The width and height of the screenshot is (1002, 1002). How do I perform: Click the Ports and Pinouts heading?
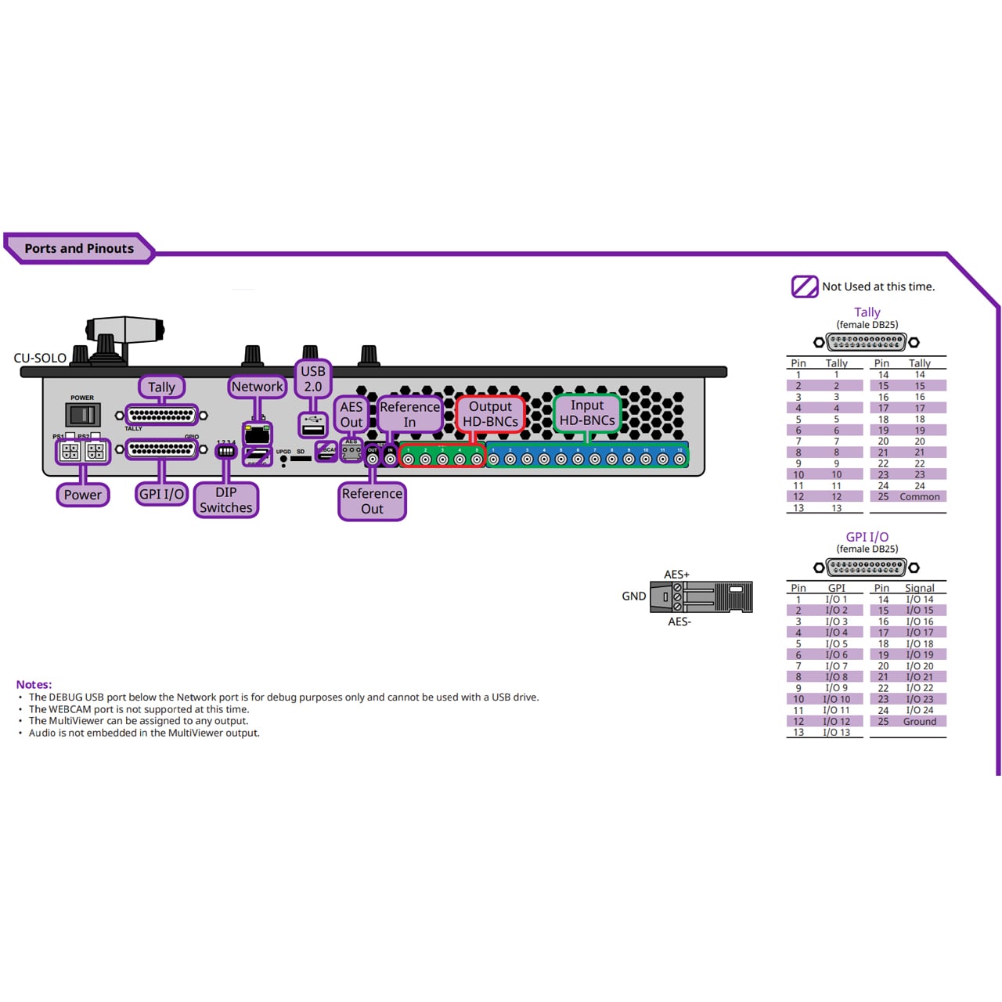pos(79,248)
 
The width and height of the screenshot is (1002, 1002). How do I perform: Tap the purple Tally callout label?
pos(161,387)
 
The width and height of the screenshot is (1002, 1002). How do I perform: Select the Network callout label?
pos(257,387)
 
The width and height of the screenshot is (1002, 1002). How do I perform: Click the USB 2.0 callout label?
pos(313,379)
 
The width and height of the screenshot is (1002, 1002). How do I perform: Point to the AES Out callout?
pos(351,414)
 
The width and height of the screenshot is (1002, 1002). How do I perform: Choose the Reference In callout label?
pos(409,414)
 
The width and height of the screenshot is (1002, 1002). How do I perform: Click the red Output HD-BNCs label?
pos(490,413)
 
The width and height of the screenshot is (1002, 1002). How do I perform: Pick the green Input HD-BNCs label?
pos(587,413)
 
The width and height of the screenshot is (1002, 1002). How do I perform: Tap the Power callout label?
pos(83,495)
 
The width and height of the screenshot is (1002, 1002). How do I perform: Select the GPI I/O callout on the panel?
pos(161,494)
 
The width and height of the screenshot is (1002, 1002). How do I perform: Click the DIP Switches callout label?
pos(226,499)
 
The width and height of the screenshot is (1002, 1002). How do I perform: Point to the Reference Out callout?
pos(372,501)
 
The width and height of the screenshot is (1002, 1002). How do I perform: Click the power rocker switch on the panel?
pos(82,415)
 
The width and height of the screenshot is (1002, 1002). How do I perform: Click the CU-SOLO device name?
pos(40,358)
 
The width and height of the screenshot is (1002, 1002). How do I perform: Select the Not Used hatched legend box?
pos(804,287)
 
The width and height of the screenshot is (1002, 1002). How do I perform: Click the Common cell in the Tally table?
pos(920,496)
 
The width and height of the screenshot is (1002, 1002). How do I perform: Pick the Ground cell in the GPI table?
pos(920,721)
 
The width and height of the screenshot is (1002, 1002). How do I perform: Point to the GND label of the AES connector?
pos(633,597)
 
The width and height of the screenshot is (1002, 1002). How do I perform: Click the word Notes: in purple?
pos(34,684)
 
